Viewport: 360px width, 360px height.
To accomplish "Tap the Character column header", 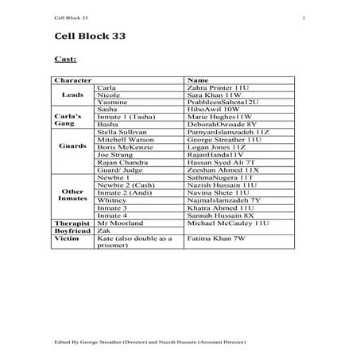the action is point(70,81).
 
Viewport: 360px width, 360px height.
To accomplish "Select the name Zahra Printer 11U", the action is point(215,88).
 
